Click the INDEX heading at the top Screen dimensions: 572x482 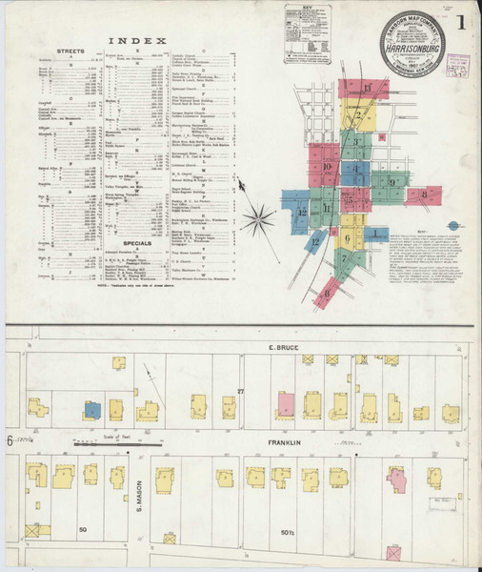pyautogui.click(x=137, y=41)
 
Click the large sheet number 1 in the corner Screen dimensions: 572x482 pyautogui.click(x=463, y=19)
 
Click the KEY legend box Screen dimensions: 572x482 pyautogui.click(x=306, y=39)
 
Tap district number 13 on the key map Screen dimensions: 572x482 pyautogui.click(x=367, y=88)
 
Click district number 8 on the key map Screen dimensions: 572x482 pyautogui.click(x=423, y=195)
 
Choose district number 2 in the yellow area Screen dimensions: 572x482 pyautogui.click(x=358, y=118)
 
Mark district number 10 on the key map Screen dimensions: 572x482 pyautogui.click(x=327, y=168)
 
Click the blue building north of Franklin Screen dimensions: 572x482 pyautogui.click(x=91, y=409)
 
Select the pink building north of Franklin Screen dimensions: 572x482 pyautogui.click(x=284, y=404)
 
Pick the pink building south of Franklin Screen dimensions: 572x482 pyautogui.click(x=397, y=480)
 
